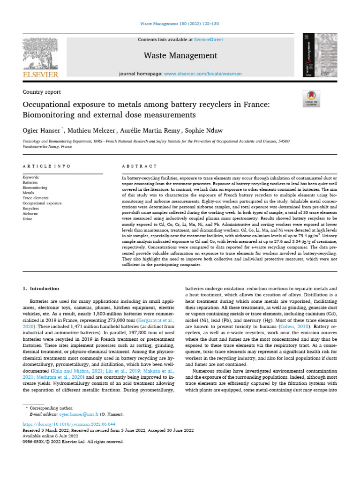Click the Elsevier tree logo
point(40,54)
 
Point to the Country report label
point(42,92)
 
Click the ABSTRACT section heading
point(138,166)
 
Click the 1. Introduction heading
point(41,289)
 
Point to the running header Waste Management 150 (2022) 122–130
point(180,24)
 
